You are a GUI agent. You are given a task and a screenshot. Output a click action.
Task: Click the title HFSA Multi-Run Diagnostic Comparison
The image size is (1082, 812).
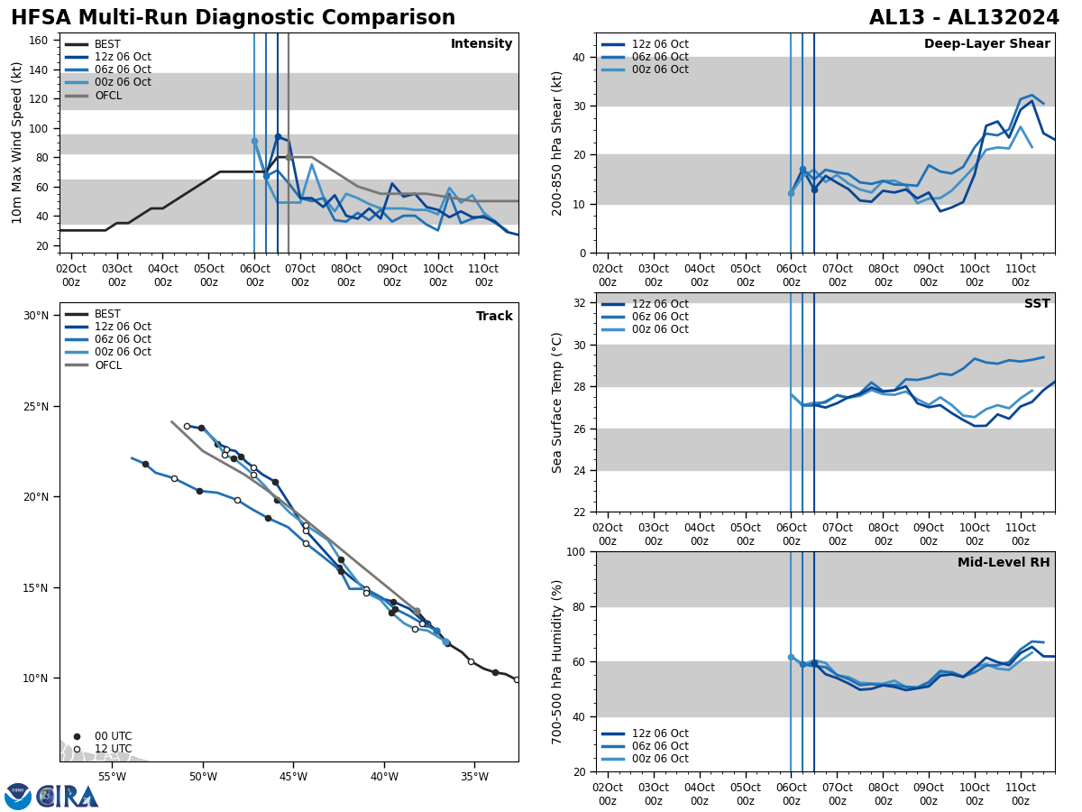pos(233,18)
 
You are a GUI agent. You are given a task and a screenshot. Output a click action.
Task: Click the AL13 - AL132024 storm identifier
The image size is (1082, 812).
pos(964,18)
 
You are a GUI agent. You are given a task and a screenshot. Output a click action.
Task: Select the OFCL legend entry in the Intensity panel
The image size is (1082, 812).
pos(107,96)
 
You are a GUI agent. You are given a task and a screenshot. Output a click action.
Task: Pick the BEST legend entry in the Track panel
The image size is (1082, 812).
pos(107,314)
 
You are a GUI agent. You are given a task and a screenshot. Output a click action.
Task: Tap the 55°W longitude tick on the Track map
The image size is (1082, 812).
pos(112,775)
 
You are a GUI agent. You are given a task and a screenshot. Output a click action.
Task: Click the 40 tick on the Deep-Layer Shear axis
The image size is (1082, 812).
pos(578,57)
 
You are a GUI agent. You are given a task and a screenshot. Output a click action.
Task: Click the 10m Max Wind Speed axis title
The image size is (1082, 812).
pos(17,143)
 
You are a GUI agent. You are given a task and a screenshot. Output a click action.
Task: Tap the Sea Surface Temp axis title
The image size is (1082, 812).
pos(557,402)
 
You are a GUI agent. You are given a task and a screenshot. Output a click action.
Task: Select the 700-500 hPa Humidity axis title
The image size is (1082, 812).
pos(557,661)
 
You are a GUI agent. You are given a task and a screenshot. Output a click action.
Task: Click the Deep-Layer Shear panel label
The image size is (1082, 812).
pos(986,44)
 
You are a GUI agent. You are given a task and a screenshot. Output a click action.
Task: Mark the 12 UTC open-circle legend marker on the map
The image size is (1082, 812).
pos(77,749)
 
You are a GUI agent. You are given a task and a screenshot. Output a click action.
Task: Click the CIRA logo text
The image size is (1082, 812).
pos(68,797)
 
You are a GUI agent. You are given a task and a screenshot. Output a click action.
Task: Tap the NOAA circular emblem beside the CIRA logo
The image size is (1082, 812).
pos(18,797)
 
